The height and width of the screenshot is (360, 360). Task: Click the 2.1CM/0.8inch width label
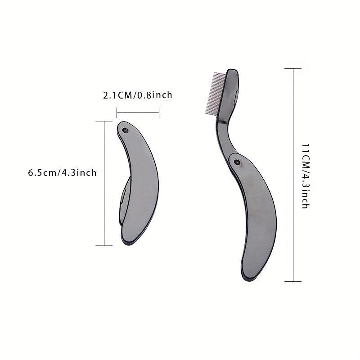coord(138,95)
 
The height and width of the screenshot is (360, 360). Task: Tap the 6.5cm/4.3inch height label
coord(62,173)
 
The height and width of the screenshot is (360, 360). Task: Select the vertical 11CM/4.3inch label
coord(305,175)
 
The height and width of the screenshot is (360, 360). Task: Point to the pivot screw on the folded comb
coord(125,130)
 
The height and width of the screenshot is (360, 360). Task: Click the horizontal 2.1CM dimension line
coord(138,112)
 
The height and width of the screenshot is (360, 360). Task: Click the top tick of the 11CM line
coord(293,68)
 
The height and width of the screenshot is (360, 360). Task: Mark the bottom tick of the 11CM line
coord(293,282)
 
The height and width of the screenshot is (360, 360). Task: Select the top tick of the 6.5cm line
coord(104,121)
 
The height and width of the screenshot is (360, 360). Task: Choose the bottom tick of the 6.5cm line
coord(104,245)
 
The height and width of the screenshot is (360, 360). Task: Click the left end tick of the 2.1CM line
coord(117,112)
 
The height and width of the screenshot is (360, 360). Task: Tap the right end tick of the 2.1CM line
coord(159,112)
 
